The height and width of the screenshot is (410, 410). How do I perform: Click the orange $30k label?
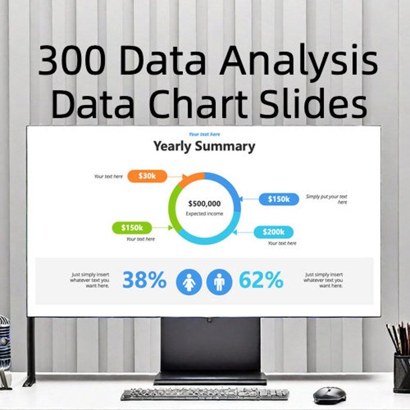point(147,176)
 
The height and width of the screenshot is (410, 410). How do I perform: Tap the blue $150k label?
point(279,199)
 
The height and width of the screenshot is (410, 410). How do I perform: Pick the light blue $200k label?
point(273,232)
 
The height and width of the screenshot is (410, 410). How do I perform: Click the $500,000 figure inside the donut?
point(204,204)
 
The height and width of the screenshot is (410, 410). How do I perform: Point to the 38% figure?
point(144,280)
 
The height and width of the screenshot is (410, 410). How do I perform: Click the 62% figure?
point(261,280)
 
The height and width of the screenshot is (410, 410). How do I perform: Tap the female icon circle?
point(189,282)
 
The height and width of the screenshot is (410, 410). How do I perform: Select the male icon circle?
point(219,282)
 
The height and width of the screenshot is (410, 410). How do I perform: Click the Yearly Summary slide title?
point(204,147)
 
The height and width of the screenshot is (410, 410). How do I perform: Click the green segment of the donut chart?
point(172,212)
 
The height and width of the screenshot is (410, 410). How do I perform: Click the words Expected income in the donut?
point(204,213)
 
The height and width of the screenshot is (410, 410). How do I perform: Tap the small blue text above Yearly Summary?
point(204,135)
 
